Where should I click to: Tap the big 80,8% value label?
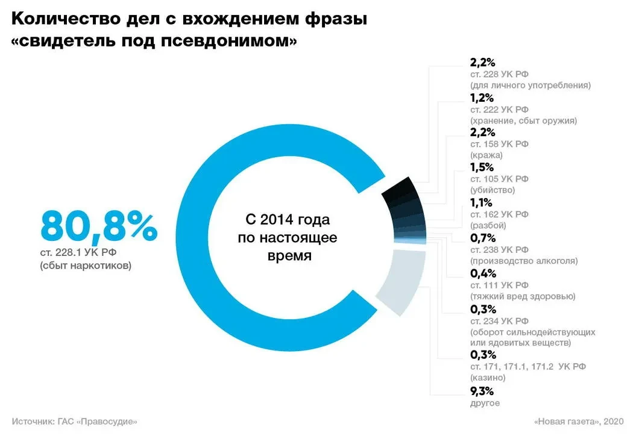99,226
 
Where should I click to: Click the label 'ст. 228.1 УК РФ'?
75,252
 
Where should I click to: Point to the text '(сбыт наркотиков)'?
85,265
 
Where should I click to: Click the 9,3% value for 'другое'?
483,391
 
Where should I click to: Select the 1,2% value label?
482,98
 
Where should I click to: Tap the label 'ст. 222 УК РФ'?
499,109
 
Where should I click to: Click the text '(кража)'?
486,155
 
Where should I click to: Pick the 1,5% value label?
482,167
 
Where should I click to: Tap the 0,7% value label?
483,238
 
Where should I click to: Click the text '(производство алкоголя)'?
523,261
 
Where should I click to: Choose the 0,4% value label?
483,273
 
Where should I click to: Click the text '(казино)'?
488,378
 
